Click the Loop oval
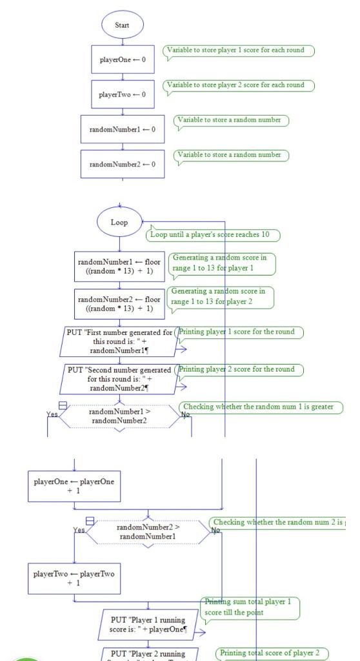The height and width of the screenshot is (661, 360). click(x=119, y=222)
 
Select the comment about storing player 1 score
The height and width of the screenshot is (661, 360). click(x=239, y=50)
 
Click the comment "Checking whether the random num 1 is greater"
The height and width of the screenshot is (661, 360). click(x=261, y=407)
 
